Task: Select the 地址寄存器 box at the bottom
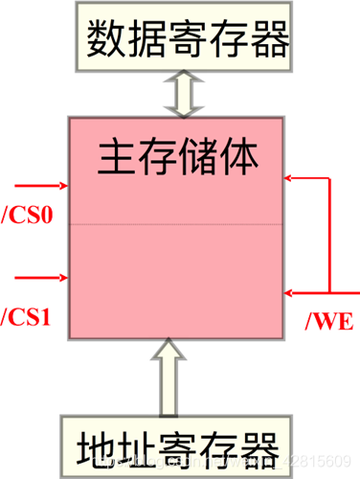coord(180,446)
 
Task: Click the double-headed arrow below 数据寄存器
coord(180,94)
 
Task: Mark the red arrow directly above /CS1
coord(38,277)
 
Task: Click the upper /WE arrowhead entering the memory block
coord(290,177)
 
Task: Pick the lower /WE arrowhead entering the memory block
coord(290,289)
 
